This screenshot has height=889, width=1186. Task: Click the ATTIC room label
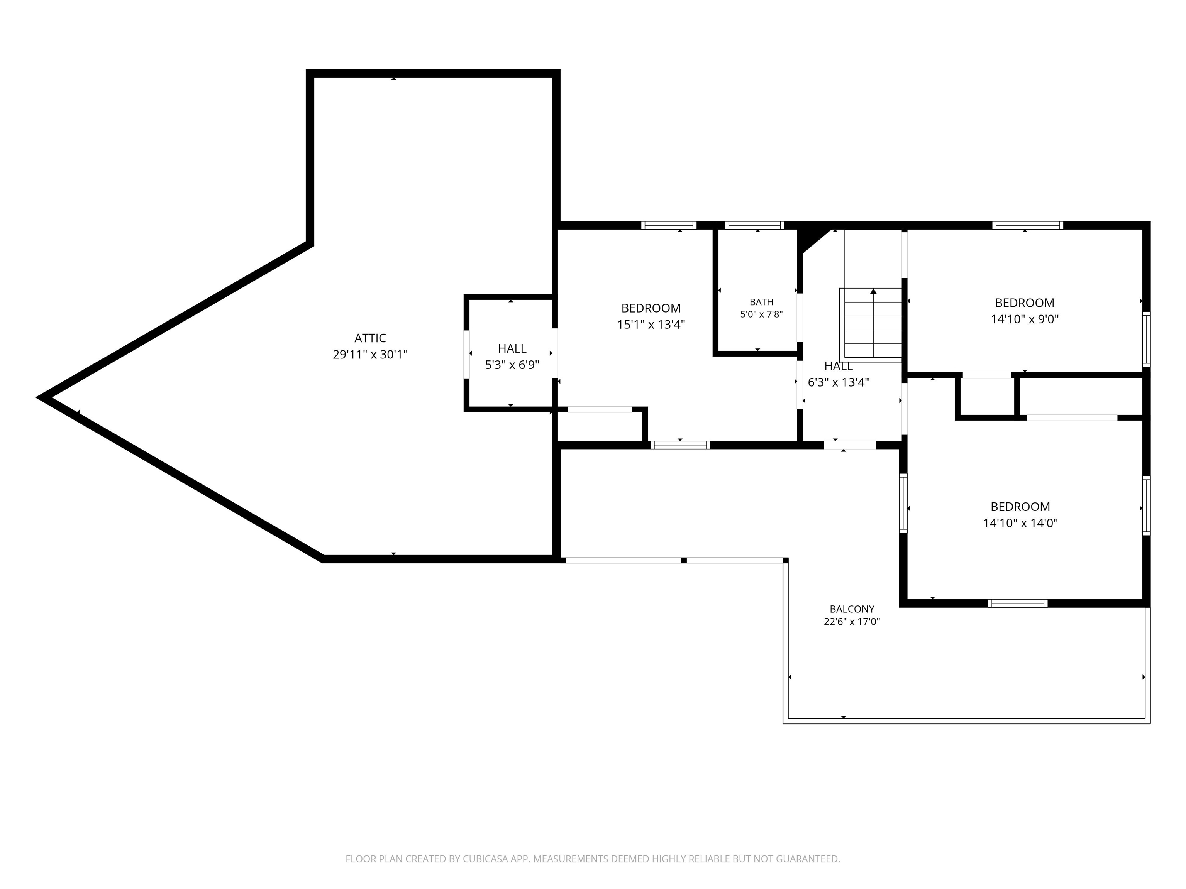pyautogui.click(x=370, y=338)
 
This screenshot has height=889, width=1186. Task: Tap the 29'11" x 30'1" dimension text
pyautogui.click(x=370, y=355)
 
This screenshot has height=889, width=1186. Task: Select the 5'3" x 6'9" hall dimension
pyautogui.click(x=512, y=365)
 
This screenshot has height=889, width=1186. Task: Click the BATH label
pyautogui.click(x=761, y=302)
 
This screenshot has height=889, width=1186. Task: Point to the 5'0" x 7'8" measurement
pyautogui.click(x=761, y=314)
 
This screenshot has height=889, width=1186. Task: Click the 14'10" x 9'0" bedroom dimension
pyautogui.click(x=1025, y=319)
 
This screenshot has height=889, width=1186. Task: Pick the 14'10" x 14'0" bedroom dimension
pyautogui.click(x=1020, y=523)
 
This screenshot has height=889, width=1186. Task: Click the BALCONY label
pyautogui.click(x=852, y=609)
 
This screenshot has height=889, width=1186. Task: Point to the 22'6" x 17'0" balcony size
pyautogui.click(x=852, y=622)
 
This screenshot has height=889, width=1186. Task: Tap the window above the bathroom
pyautogui.click(x=754, y=226)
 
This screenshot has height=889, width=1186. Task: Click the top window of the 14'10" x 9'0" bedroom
pyautogui.click(x=1027, y=226)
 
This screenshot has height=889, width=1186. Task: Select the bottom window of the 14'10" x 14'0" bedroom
pyautogui.click(x=1018, y=603)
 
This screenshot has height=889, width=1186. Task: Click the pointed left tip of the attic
pyautogui.click(x=39, y=397)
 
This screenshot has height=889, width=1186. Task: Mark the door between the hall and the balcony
pyautogui.click(x=850, y=445)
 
